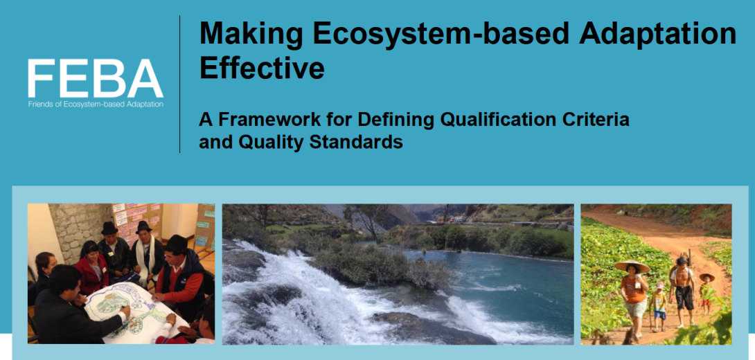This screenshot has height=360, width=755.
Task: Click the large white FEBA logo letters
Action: point(96,78)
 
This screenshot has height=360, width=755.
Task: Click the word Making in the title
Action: point(252,34)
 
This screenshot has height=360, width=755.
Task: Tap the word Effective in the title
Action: point(262,67)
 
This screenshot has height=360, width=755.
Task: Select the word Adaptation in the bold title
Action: point(658,34)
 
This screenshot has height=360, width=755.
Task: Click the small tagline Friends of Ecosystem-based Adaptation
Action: point(96,104)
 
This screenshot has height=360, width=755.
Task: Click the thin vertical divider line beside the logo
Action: point(180,84)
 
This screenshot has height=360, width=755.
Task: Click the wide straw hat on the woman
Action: point(632,266)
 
